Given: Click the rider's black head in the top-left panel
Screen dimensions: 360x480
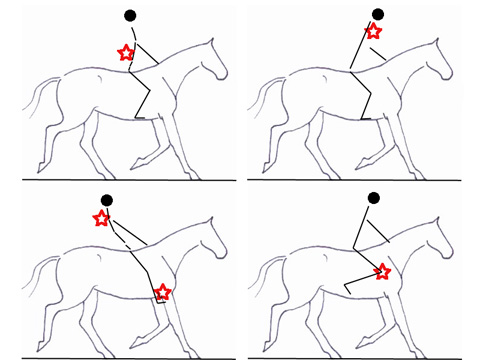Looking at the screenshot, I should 130,15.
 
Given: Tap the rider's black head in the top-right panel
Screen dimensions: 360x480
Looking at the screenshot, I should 377,15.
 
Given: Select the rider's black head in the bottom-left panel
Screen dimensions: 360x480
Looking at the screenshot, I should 107,200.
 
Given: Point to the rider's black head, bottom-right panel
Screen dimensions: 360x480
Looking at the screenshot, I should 373,198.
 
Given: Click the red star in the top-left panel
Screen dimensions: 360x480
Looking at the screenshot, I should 126,52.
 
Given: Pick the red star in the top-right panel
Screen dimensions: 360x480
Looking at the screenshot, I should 373,32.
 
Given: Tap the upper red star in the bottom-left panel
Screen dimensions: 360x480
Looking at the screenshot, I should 101,218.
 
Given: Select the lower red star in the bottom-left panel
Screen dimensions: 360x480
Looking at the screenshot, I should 163,292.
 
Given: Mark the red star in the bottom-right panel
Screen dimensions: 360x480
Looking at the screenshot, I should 382,271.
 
